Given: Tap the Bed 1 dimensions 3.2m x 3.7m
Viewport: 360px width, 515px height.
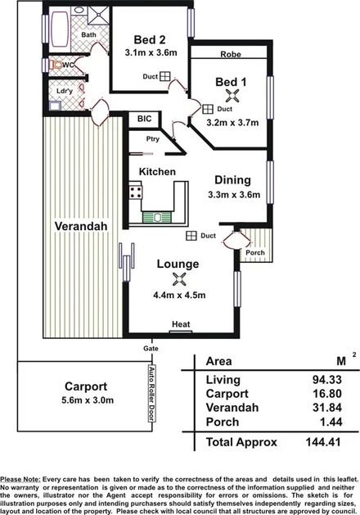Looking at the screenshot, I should coord(226,124).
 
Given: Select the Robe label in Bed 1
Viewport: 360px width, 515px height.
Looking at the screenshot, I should coord(229,55).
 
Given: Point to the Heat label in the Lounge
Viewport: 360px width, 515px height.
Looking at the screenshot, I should coord(180,325).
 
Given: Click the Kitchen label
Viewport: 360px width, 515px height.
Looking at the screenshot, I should coord(157,172).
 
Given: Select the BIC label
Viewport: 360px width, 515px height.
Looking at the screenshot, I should coord(144,119).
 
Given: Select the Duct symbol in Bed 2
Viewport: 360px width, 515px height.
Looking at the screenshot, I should coord(164,76).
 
